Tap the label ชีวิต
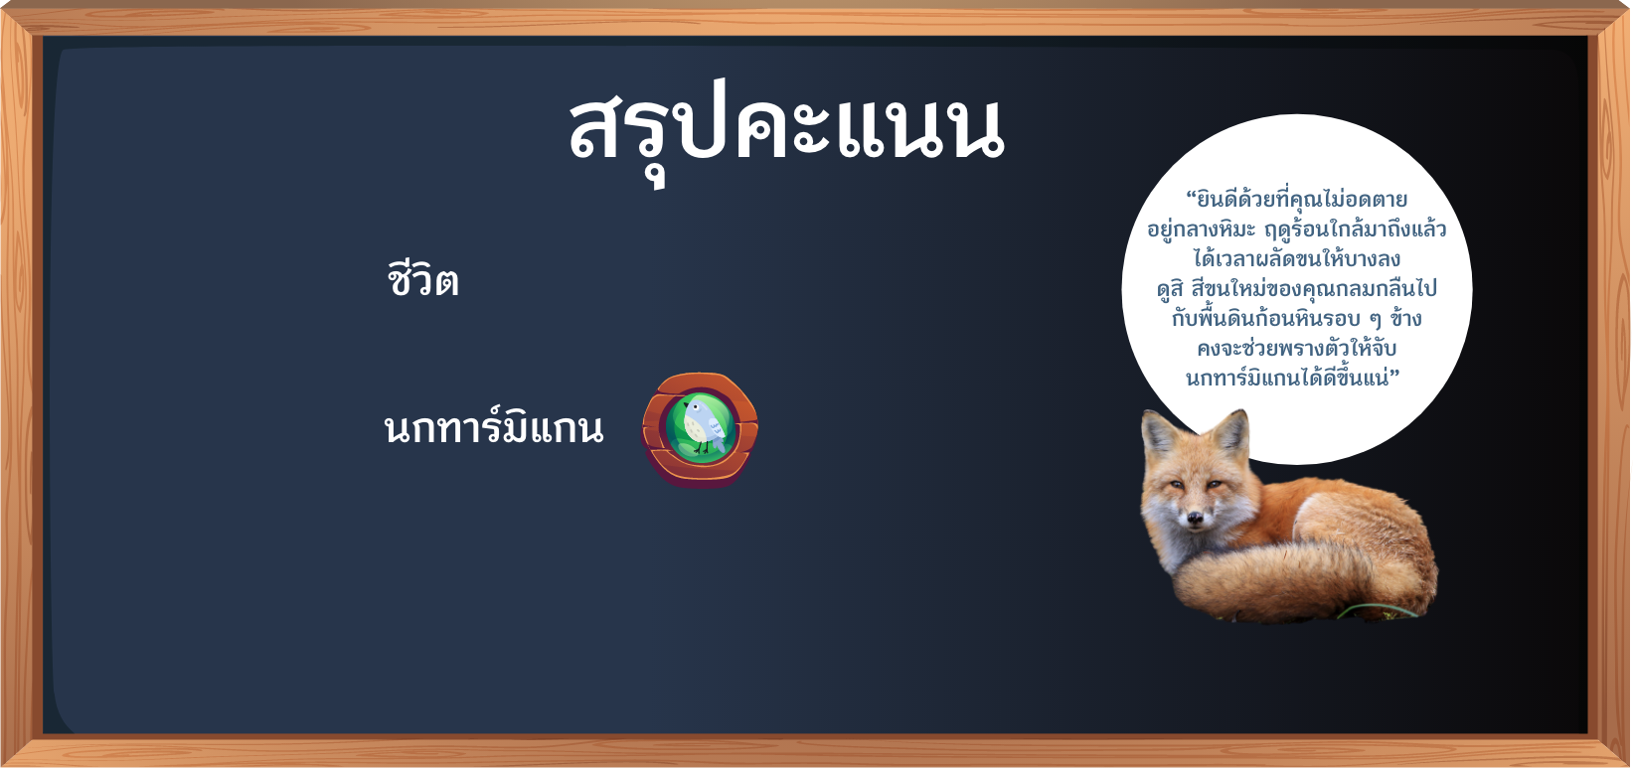422,279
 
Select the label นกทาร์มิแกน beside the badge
494,427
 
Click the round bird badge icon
700,430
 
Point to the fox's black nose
1195,519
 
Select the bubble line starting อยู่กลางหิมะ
1296,229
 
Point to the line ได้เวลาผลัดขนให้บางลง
1296,258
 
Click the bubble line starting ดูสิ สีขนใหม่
1296,288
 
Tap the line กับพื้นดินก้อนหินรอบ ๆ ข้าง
1296,318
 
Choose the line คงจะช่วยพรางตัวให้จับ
1296,349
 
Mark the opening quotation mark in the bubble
1192,195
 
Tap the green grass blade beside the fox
1378,611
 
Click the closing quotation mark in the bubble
1394,373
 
